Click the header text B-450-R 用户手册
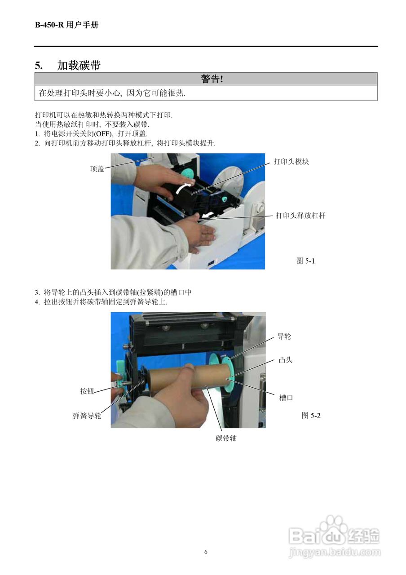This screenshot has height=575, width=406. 66,25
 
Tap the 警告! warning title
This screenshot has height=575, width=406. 212,79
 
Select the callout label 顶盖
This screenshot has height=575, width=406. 97,169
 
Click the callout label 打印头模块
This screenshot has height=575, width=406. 291,162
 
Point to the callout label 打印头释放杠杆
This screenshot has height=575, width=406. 300,216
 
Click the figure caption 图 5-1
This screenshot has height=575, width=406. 305,261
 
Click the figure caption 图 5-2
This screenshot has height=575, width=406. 311,416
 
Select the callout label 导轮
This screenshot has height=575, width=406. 284,336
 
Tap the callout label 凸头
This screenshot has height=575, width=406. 286,360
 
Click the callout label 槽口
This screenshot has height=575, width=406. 286,398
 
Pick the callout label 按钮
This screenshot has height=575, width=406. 87,391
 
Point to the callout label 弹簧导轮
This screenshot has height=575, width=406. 87,416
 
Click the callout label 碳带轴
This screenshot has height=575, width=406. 226,438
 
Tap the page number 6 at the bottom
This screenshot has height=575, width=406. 206,552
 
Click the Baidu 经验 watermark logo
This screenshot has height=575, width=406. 335,537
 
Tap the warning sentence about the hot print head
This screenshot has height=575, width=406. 112,93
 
